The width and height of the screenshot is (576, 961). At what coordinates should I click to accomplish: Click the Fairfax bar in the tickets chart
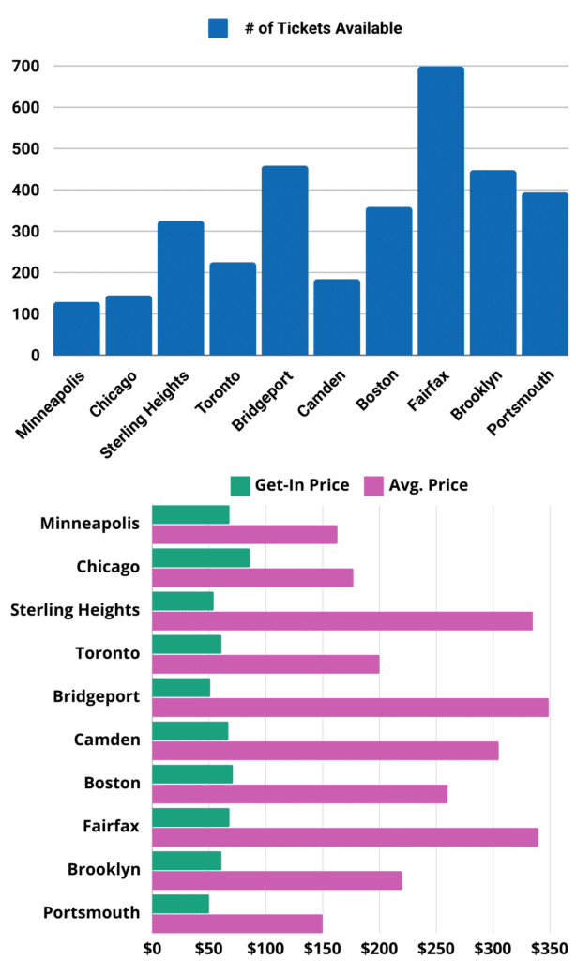click(440, 211)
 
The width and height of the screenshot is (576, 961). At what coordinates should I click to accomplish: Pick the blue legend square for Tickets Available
click(219, 29)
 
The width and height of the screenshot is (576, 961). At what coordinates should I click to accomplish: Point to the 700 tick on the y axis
click(25, 67)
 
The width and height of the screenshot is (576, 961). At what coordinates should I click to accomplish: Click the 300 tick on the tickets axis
click(25, 232)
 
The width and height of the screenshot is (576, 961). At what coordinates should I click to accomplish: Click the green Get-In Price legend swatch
click(240, 485)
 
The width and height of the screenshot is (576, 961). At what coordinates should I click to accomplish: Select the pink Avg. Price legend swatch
click(372, 485)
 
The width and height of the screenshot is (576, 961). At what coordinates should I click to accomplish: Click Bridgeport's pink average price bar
click(350, 708)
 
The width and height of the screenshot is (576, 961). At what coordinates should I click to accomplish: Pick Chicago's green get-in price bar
click(200, 557)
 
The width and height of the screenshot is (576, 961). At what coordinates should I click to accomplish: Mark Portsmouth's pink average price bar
click(236, 923)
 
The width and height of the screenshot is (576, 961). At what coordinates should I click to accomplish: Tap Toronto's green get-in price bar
click(186, 644)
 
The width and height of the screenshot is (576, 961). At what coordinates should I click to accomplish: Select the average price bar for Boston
click(299, 794)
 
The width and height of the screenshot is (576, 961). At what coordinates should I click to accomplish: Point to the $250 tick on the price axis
click(436, 948)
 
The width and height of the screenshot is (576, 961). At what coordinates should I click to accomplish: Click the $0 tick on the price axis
click(152, 948)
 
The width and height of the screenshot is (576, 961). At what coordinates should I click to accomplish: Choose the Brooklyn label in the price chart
click(103, 870)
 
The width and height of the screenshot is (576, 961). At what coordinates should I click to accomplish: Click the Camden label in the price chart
click(107, 740)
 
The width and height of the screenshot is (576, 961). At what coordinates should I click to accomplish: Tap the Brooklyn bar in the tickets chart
click(493, 263)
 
